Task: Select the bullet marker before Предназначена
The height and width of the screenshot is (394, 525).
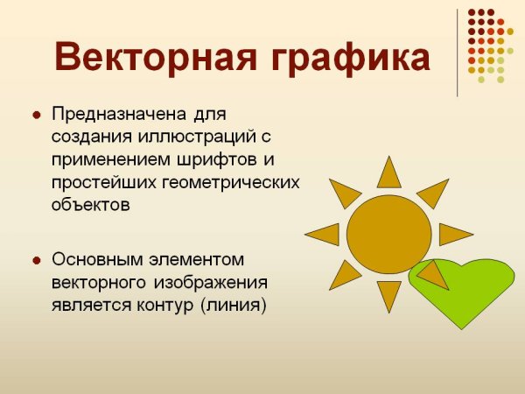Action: point(36,116)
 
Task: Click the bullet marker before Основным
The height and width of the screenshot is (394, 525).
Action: point(36,261)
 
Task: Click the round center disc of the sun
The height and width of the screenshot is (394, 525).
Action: point(388,234)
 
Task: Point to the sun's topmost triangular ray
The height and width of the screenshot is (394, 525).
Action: point(388,174)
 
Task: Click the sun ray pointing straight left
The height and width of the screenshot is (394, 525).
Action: point(324,234)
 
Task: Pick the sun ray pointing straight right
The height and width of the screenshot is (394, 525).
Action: point(453,234)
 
